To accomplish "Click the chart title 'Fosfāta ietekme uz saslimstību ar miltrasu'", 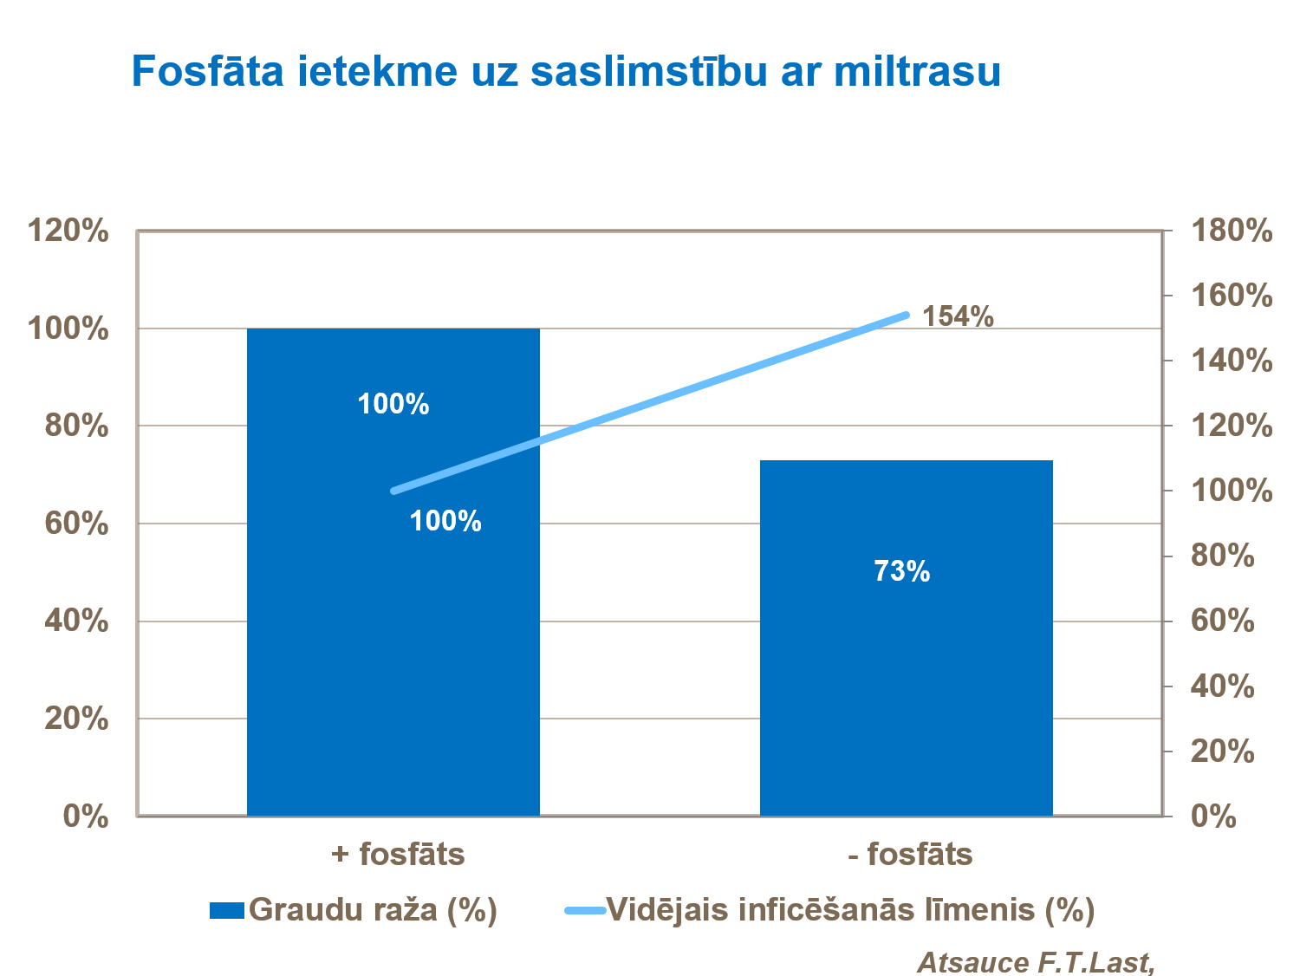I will tap(566, 71).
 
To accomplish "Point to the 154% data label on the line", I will tap(958, 317).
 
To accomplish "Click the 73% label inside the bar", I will tap(901, 571).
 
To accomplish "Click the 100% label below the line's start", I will tap(445, 521).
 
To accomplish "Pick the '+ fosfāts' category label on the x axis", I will tap(398, 855).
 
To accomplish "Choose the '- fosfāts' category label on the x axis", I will tap(910, 855).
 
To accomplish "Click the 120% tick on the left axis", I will tap(68, 231).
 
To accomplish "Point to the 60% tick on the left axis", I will tap(77, 524).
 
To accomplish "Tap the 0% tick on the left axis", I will tap(86, 817).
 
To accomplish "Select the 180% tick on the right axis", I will tap(1232, 231).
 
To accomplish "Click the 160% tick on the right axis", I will tap(1232, 296).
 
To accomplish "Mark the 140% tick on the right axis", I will tap(1232, 361).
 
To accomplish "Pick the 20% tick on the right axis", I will tap(1222, 752).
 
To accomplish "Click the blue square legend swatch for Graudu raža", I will tap(227, 910).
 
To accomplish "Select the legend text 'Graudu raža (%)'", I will tap(373, 910).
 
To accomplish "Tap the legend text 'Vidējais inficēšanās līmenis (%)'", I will tap(850, 910).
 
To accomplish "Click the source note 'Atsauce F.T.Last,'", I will tap(1036, 962).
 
